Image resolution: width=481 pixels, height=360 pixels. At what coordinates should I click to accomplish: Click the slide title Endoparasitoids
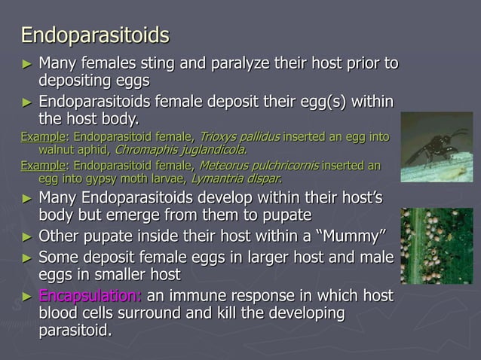94,35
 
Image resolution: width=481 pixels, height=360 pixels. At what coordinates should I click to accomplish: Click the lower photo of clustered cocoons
437,246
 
